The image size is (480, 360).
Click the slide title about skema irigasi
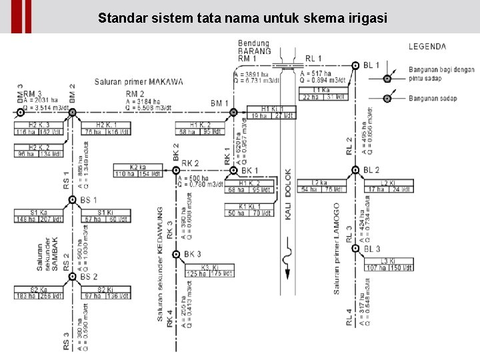coord(242,17)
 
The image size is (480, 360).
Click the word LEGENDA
coord(427,47)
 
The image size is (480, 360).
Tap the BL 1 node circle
coord(355,65)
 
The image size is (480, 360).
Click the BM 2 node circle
coord(72,112)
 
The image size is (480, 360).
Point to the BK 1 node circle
coord(233,171)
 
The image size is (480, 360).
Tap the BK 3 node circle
coord(176,255)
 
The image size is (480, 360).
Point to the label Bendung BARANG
coord(254,47)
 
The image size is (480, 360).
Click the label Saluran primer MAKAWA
coord(139,83)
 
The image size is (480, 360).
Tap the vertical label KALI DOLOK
coord(288,193)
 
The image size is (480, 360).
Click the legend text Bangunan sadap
coord(433,99)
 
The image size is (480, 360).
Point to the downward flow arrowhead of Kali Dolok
coord(288,274)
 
